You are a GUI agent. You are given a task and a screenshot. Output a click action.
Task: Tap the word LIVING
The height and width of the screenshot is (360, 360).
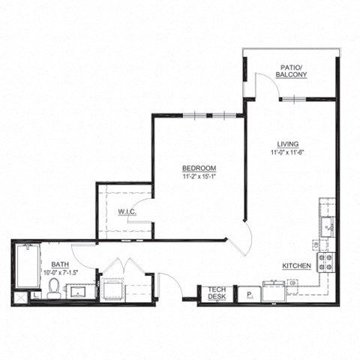click(288, 144)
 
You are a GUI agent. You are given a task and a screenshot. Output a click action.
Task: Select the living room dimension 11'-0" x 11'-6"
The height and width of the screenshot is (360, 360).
click(288, 152)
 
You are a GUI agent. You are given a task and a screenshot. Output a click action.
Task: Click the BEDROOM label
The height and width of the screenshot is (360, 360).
click(199, 168)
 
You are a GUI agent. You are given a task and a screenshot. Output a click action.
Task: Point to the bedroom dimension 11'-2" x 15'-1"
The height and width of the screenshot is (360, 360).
click(199, 176)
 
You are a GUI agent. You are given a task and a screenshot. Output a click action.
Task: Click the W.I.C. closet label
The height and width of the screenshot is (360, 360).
click(126, 212)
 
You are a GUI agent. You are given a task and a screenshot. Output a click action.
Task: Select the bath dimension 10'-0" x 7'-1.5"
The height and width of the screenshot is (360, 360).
click(61, 271)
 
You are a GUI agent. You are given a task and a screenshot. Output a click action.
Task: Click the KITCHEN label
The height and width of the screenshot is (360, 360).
click(296, 266)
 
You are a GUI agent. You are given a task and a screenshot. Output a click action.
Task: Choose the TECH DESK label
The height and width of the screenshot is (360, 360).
click(217, 293)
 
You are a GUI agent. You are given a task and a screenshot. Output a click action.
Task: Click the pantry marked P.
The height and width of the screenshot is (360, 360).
click(247, 295)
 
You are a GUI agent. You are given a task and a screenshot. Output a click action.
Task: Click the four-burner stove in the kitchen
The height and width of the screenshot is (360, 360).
click(327, 262)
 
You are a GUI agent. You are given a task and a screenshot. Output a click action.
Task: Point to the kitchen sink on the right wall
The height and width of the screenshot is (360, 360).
click(327, 224)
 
